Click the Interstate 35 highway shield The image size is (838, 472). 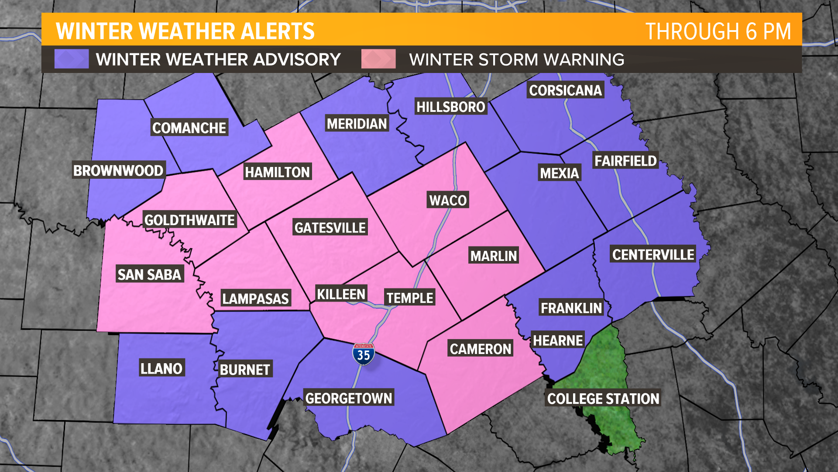[x=363, y=354]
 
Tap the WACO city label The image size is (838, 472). [x=448, y=200]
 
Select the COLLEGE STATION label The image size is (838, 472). [x=603, y=399]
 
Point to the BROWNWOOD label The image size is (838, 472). [x=118, y=170]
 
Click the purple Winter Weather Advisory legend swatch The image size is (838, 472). [x=71, y=59]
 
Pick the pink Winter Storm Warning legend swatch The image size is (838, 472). [x=378, y=59]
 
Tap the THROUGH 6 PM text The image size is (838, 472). [x=718, y=31]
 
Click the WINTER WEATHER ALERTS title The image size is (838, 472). [x=185, y=31]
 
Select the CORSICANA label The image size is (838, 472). [x=565, y=90]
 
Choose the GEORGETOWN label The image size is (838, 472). [x=349, y=398]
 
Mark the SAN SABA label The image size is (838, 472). [x=149, y=274]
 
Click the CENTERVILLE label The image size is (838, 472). [x=653, y=255]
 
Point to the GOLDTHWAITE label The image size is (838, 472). [x=189, y=220]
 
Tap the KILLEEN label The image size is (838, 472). [x=341, y=294]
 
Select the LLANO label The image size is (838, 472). [x=161, y=368]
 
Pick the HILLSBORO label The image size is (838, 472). [x=450, y=107]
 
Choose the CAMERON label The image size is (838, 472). [x=481, y=349]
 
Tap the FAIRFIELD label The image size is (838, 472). [x=625, y=161]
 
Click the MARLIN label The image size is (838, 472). [x=494, y=256]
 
